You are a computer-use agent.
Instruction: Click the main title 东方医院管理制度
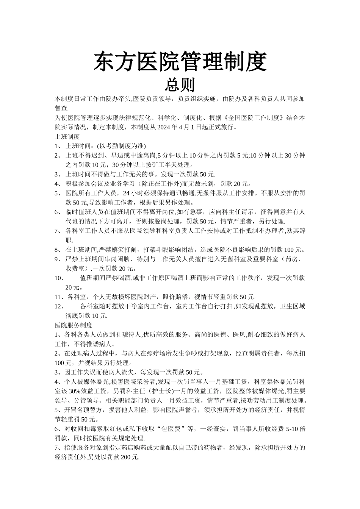point(180,61)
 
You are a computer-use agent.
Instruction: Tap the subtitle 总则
point(180,84)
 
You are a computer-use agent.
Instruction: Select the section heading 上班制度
point(67,136)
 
